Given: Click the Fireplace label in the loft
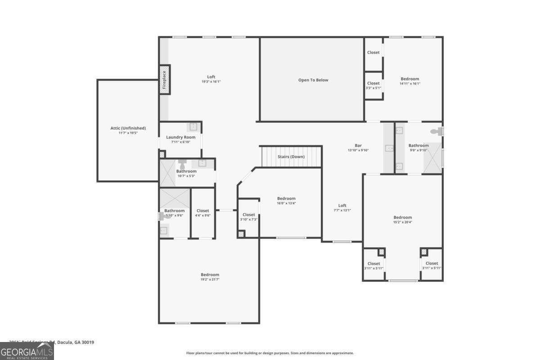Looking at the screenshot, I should (x=164, y=80).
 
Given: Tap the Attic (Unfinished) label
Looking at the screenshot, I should (x=128, y=128).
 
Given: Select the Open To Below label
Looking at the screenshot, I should (x=313, y=80).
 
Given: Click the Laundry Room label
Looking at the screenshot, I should (x=180, y=137).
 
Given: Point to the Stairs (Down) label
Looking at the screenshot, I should (x=291, y=157).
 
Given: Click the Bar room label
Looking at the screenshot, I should (x=358, y=145).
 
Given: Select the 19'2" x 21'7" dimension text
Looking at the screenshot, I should (x=210, y=279).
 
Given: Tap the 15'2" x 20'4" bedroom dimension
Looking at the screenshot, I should (x=402, y=222).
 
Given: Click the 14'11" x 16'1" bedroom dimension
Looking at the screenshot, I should (x=409, y=84).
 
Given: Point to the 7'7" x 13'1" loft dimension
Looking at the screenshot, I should (x=342, y=210).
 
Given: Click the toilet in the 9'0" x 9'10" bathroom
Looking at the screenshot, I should (x=436, y=131).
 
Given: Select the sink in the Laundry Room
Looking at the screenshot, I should (x=193, y=126).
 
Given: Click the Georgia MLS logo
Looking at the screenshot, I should (x=27, y=351).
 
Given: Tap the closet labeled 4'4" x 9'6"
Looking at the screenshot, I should (x=202, y=213).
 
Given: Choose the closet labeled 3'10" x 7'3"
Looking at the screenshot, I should (x=248, y=217).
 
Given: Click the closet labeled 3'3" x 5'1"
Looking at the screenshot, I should (x=373, y=85).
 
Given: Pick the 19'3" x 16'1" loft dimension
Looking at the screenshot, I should (x=211, y=81).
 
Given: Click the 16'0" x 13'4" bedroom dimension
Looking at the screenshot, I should (x=286, y=203).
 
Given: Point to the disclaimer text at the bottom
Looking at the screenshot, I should (x=270, y=353).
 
